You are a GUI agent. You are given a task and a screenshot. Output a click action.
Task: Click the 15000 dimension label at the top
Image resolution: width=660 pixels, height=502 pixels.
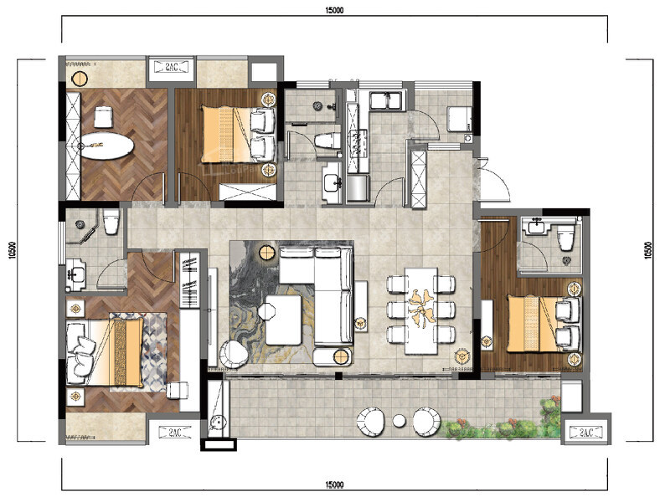tap(334, 11)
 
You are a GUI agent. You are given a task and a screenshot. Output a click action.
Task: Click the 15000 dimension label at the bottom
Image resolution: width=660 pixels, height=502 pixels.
tap(334, 485)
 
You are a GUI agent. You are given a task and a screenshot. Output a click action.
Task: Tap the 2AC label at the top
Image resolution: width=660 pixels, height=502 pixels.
tap(172, 66)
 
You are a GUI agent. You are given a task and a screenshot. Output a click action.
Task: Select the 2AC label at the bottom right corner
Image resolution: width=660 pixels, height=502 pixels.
tap(586, 432)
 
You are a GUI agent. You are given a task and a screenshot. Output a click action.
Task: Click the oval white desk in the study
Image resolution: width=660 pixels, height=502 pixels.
tap(107, 146)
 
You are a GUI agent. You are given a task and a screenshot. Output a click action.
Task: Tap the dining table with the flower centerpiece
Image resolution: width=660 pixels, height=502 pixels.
tap(421, 310)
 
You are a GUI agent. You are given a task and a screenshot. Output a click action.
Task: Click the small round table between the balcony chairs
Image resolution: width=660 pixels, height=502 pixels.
tap(399, 420)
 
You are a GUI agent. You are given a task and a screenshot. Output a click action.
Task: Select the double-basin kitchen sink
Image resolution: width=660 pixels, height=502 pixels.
tap(386, 101)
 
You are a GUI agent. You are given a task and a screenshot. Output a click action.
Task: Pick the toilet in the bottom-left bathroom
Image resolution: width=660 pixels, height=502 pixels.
tap(111, 222)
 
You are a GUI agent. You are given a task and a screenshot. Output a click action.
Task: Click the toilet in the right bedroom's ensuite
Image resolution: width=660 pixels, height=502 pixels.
tap(566, 238)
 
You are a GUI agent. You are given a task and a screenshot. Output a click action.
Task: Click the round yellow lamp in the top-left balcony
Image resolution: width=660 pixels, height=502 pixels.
tap(79, 79)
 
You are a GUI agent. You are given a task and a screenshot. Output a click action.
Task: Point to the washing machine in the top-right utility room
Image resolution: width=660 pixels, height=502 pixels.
tap(459, 119)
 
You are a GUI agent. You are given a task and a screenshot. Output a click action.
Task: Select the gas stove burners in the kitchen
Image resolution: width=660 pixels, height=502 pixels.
tap(357, 143)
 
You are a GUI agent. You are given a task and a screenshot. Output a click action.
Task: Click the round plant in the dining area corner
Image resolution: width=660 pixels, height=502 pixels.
tap(461, 356)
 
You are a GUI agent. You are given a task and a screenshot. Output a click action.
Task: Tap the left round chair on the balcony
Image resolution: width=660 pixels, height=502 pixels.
tap(371, 422)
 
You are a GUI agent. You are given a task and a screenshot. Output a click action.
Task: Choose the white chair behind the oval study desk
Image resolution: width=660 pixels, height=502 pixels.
tap(104, 117)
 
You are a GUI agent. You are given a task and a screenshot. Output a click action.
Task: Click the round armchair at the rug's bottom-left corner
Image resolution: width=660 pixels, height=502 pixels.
tap(234, 354)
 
